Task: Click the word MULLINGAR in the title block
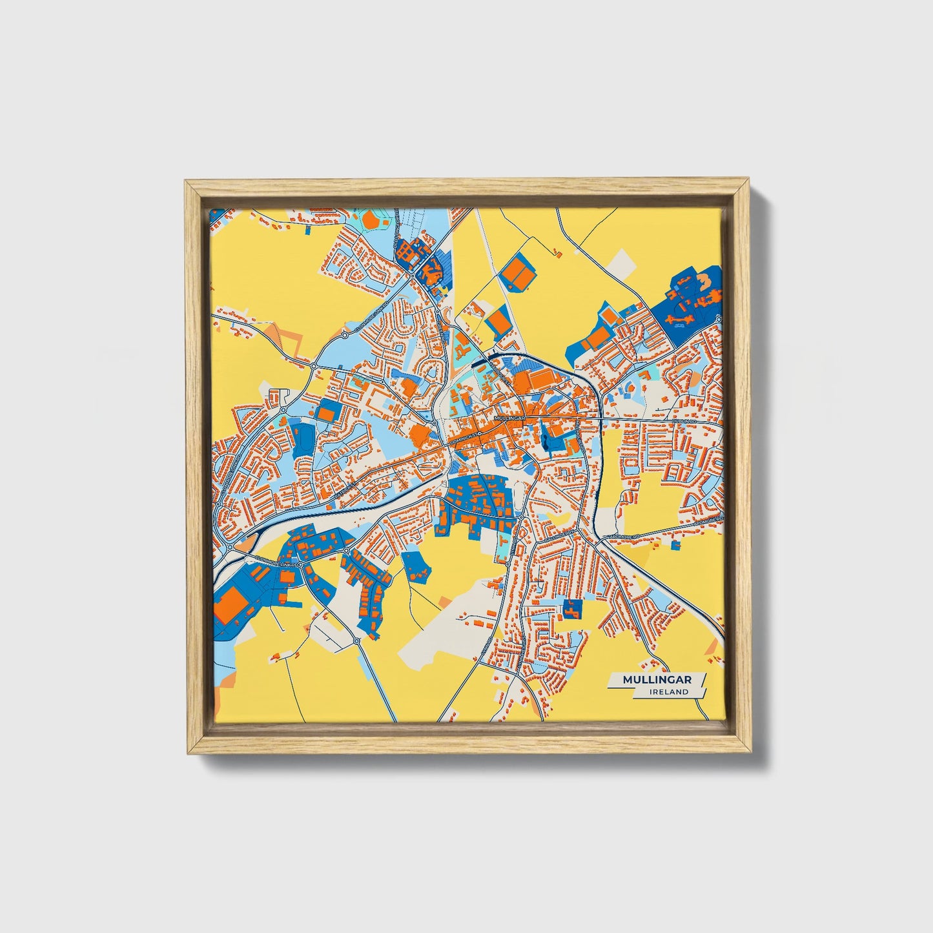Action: coord(655,680)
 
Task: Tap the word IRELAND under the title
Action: coord(669,692)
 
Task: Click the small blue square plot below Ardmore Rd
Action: coord(675,546)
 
